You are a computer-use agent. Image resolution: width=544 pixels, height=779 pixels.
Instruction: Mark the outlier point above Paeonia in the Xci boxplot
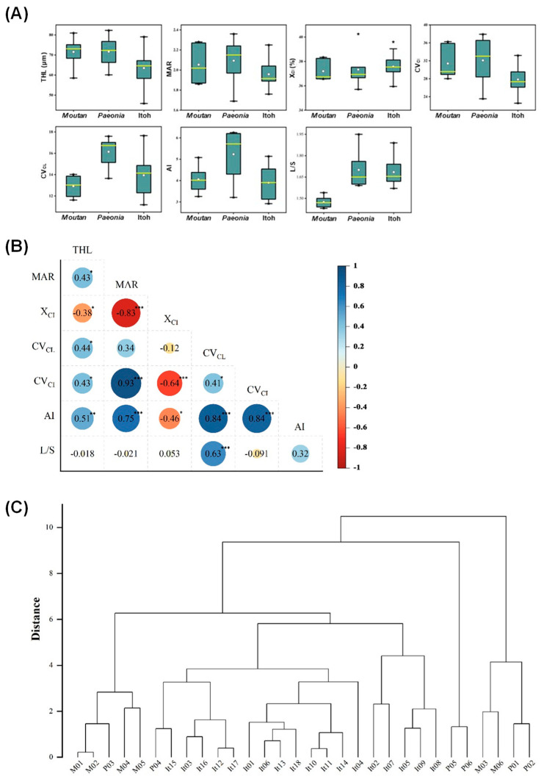tap(358, 34)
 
